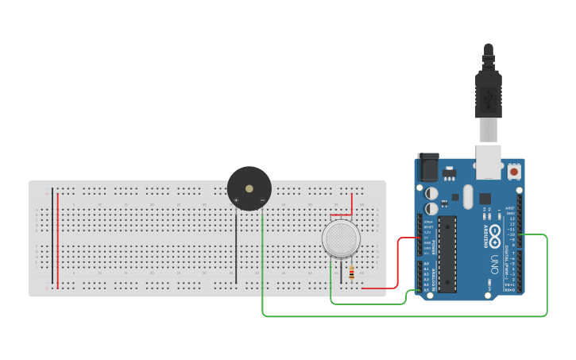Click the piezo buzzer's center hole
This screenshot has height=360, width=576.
pos(249,189)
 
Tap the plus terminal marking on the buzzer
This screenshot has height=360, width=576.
pos(236,201)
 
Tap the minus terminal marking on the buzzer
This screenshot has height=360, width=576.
pos(261,201)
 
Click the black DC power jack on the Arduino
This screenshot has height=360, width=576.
pos(428,167)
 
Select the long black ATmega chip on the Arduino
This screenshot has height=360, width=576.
pos(447,253)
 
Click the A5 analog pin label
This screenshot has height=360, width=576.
pos(427,289)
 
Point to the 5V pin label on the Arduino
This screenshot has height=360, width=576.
pos(427,238)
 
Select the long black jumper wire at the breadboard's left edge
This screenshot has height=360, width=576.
pos(52,238)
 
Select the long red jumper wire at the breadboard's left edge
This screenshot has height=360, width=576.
pos(57,238)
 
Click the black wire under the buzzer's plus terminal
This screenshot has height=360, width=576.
pos(236,246)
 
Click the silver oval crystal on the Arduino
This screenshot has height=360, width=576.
pos(466,196)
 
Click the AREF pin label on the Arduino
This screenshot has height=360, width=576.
pos(510,209)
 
